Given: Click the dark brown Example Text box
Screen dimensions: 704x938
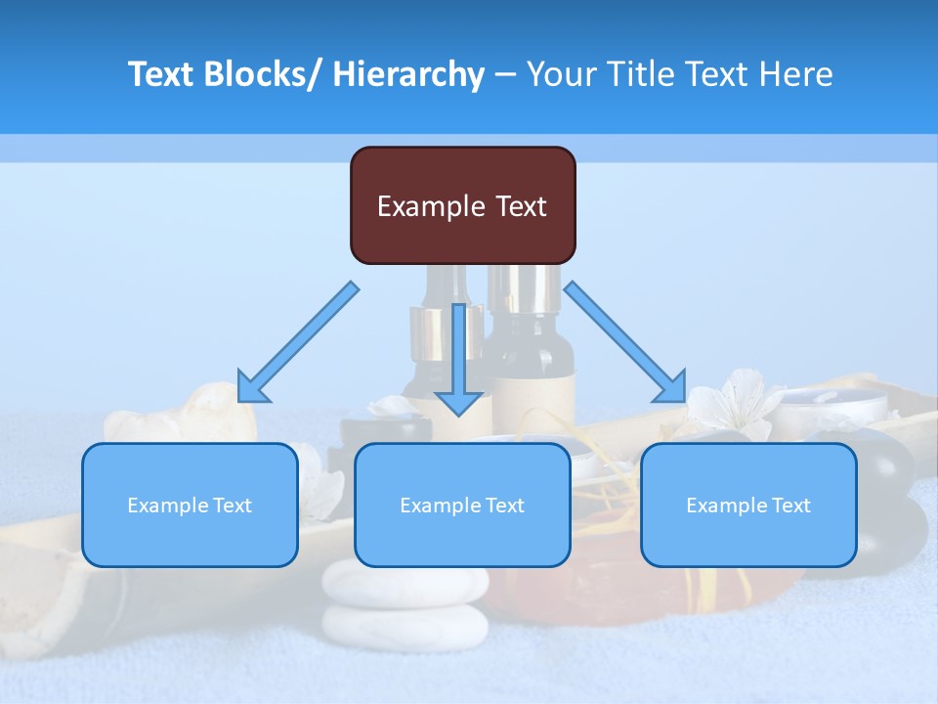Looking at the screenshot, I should [x=462, y=205].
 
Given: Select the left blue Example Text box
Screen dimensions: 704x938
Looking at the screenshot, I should [x=189, y=505].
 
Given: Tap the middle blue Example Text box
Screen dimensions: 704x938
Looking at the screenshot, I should [x=461, y=505].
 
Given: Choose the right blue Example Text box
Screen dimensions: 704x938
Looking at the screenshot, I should [x=748, y=505].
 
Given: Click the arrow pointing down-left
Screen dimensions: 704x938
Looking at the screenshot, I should [x=298, y=342].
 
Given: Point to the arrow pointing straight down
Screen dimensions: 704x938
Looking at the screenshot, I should [x=458, y=362].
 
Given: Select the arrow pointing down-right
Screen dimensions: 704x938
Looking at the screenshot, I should [x=625, y=342].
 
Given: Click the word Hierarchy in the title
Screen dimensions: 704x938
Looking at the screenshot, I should [x=408, y=74].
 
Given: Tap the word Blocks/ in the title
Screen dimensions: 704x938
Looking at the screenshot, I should [x=263, y=74].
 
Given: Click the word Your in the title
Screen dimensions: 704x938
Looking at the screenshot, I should [x=560, y=74].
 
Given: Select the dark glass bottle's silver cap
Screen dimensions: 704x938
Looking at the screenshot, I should [x=524, y=288].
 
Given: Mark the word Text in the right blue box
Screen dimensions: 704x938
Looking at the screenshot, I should [x=790, y=506].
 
